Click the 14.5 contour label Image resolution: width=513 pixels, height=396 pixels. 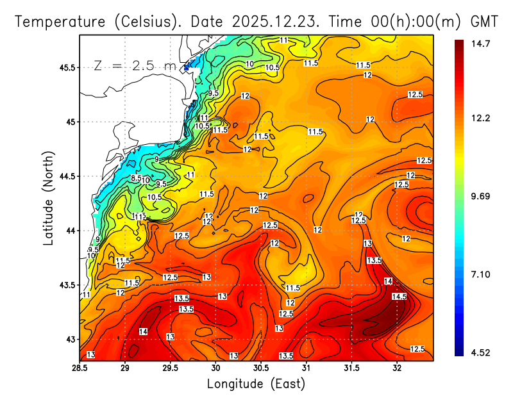click(399, 297)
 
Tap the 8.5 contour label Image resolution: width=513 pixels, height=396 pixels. click(136, 178)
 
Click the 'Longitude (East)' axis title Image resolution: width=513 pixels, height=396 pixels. click(256, 384)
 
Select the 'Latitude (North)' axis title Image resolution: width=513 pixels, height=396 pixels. click(49, 197)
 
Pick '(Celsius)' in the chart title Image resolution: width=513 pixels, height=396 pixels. click(144, 21)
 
